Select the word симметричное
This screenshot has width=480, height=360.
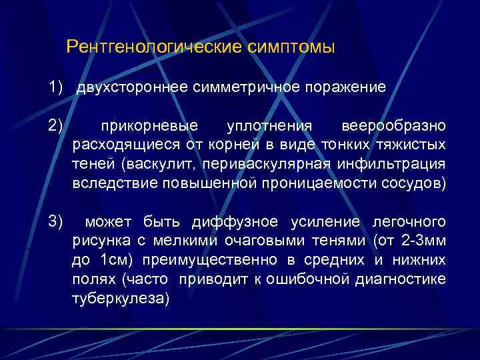coord(245,87)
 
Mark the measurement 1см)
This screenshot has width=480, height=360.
coord(117,260)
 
